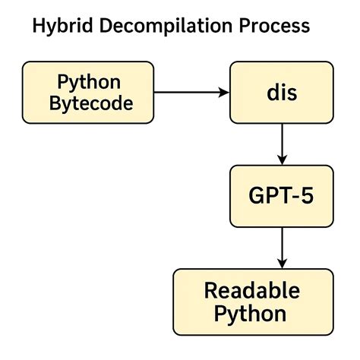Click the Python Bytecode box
(88, 92)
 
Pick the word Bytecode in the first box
(90, 103)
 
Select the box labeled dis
(281, 92)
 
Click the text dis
(281, 92)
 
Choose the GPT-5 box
(281, 195)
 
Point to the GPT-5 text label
(281, 195)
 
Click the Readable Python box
(251, 302)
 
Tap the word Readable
(251, 290)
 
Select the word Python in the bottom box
(251, 314)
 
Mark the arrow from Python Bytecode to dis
(190, 92)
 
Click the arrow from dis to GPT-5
(282, 142)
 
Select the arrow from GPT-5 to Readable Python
(282, 246)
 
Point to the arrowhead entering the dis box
(225, 92)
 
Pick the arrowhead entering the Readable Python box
(282, 264)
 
